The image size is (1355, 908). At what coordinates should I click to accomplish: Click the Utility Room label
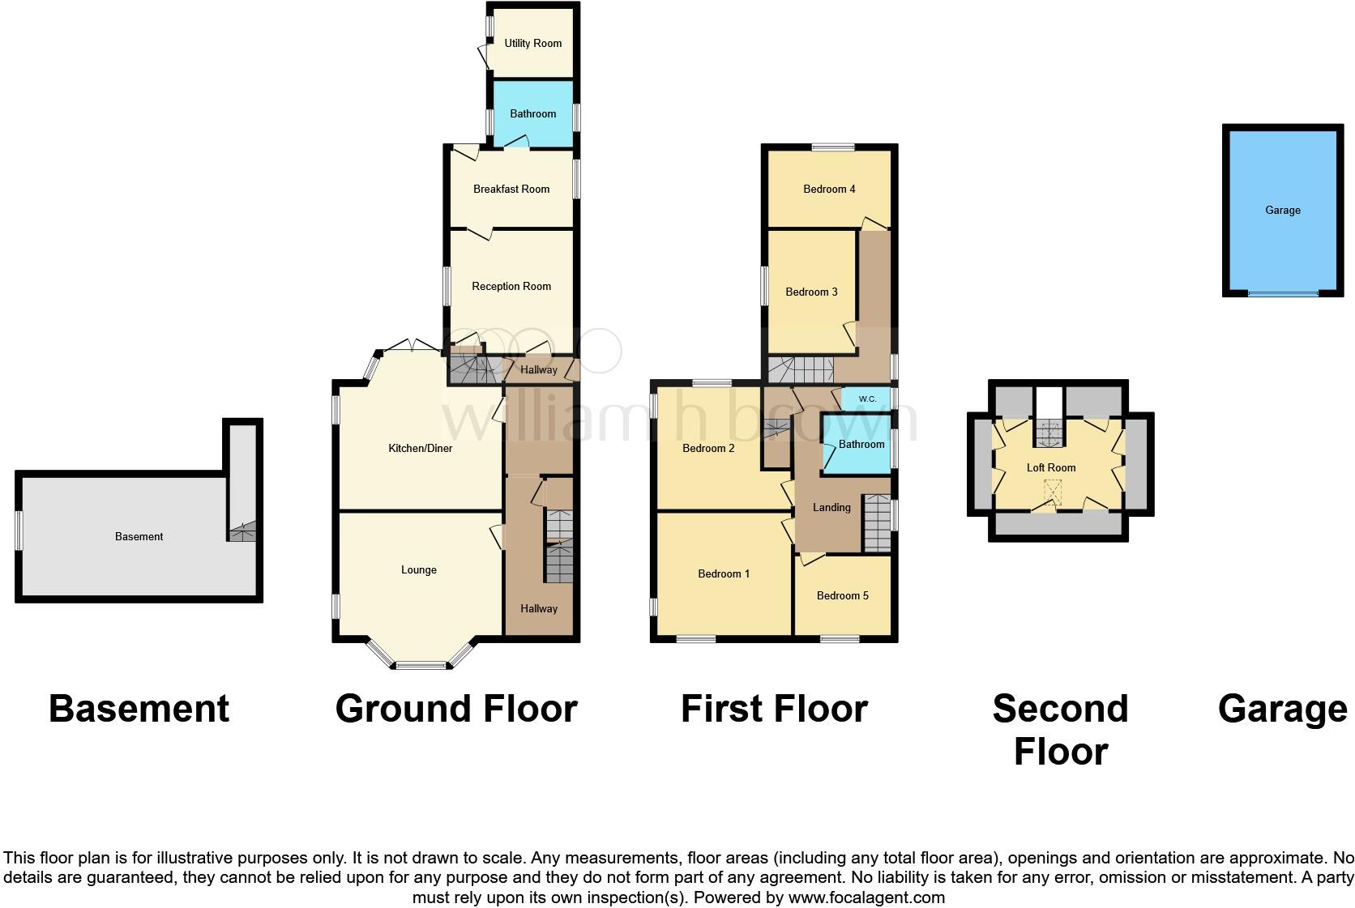[532, 44]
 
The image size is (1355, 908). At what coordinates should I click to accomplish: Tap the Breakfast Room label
[511, 190]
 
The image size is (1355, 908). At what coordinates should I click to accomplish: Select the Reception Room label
[511, 287]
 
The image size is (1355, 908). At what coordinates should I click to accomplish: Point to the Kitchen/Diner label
[420, 449]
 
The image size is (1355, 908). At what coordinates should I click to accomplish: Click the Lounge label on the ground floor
[419, 570]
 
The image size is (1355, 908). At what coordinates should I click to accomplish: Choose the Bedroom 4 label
[829, 190]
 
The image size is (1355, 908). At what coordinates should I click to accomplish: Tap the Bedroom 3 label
[811, 292]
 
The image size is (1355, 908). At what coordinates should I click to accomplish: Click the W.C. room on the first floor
[866, 399]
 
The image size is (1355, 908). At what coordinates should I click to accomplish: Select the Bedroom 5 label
[842, 596]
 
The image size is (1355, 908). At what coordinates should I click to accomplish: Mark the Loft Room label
[1051, 468]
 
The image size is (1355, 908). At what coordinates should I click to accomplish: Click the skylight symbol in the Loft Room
[1053, 492]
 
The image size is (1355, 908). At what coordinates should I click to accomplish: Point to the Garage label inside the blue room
[1282, 211]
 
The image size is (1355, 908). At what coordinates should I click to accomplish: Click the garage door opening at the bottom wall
[1283, 293]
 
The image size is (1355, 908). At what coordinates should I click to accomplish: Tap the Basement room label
[139, 537]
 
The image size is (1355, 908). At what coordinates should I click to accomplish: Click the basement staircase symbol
[242, 533]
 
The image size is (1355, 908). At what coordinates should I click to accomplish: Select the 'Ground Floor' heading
[455, 709]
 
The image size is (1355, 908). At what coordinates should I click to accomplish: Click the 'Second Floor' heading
[1060, 730]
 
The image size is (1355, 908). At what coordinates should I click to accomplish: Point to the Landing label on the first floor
[831, 508]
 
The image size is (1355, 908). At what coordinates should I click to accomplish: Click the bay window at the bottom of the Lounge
[421, 666]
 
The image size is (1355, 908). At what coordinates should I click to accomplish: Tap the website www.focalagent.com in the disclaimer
[866, 897]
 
